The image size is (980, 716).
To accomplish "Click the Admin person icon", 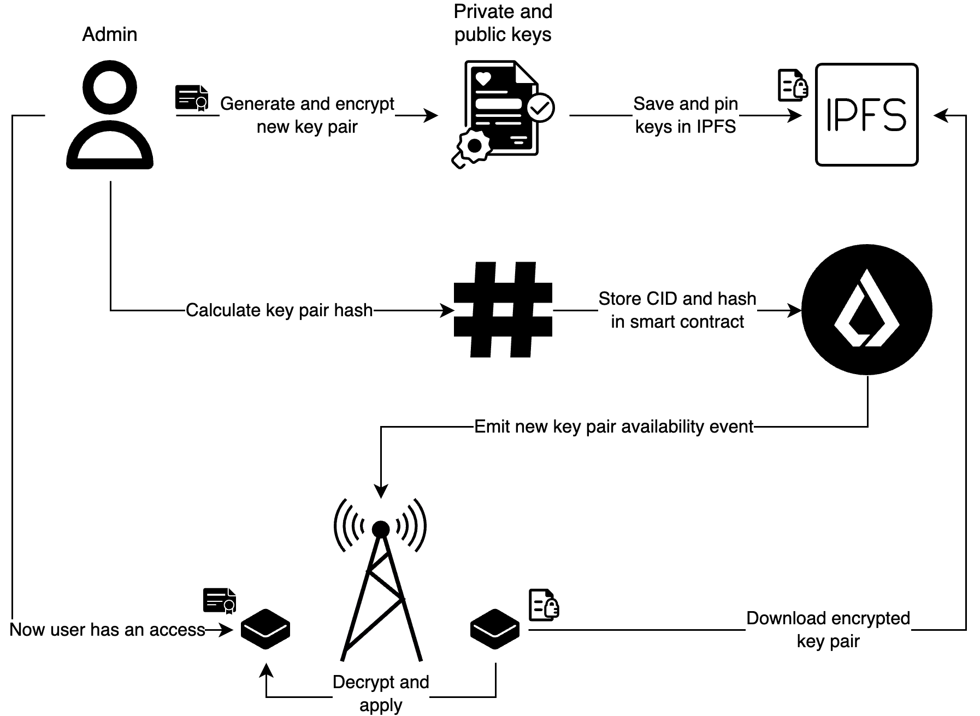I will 109,115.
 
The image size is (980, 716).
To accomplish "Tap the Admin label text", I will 109,34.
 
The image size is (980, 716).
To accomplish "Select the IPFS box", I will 866,115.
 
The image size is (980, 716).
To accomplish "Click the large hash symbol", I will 503,310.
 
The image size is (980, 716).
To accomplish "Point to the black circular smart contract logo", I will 866,310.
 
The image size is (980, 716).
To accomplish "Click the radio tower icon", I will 381,579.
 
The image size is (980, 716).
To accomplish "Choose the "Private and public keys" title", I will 503,23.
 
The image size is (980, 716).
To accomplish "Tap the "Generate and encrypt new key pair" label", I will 307,115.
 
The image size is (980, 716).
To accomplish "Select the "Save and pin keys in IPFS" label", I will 686,115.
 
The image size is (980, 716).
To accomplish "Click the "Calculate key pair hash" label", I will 279,310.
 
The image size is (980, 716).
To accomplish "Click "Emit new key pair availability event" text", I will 613,427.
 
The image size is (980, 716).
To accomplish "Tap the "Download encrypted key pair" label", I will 828,629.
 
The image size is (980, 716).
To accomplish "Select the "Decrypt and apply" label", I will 381,693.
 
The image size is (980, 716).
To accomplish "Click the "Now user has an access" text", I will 108,630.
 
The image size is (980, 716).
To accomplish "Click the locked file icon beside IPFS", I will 793,85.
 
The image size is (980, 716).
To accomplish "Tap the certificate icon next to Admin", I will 192,98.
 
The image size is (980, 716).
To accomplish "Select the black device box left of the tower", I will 265,629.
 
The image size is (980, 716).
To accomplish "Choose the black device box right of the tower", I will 495,629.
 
